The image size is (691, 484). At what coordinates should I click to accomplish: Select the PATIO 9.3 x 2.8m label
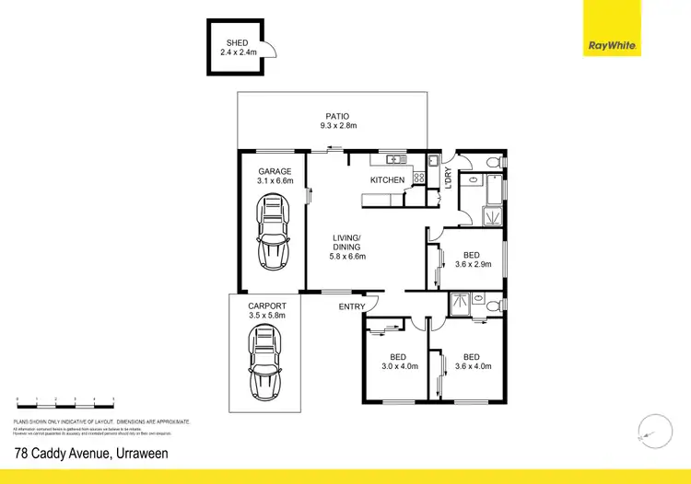334,120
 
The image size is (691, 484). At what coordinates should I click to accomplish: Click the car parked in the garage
273,236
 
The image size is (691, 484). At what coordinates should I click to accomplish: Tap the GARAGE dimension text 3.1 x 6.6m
274,182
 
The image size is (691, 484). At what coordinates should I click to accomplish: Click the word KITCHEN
387,180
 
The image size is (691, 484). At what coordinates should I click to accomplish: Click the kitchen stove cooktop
417,178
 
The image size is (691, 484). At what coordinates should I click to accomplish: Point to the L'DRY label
448,177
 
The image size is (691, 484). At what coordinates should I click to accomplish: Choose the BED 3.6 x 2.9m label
473,259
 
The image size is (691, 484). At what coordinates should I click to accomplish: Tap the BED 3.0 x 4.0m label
399,361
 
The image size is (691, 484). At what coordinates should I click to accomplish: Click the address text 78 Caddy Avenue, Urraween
92,453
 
